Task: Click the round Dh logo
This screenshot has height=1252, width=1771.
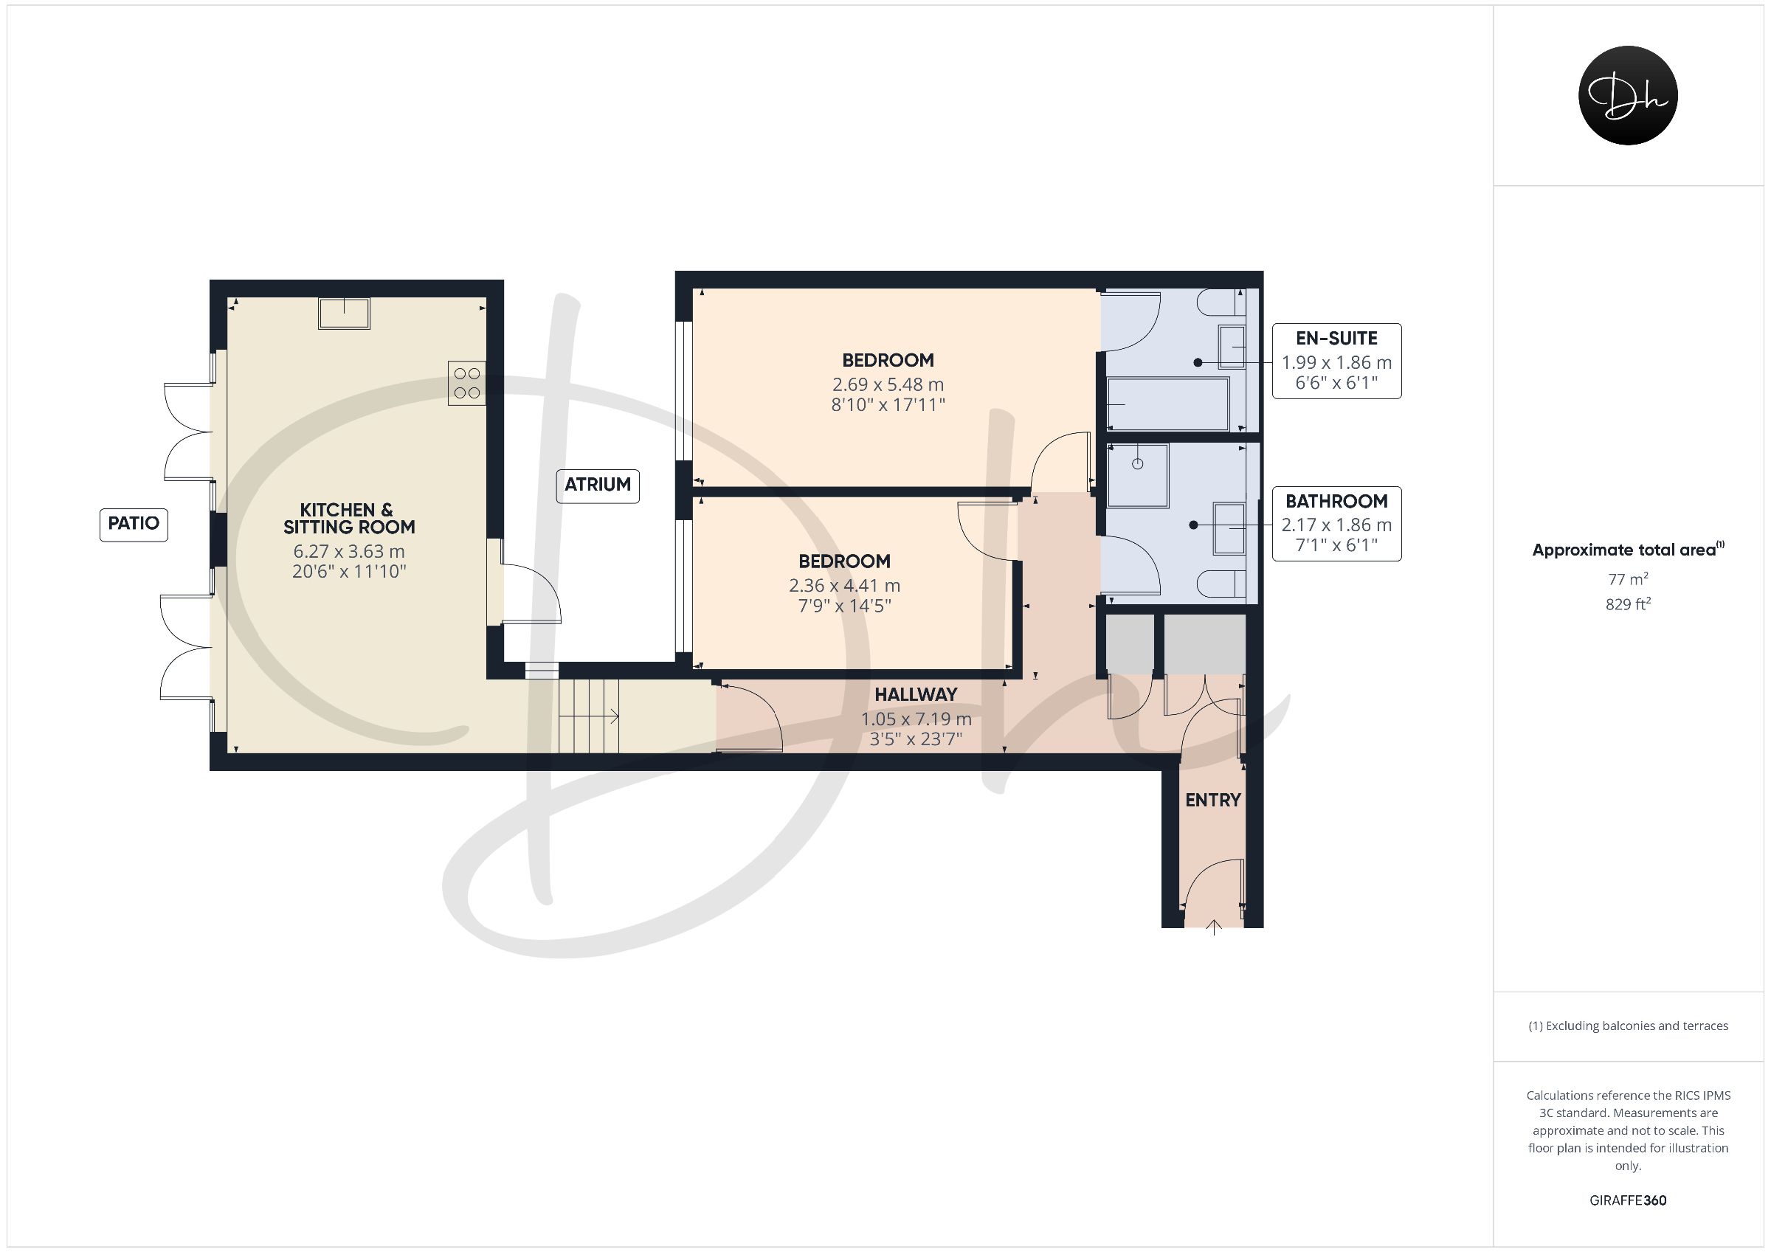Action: [1628, 95]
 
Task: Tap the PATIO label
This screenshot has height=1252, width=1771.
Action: [134, 524]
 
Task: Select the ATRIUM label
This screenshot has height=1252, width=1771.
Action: [598, 485]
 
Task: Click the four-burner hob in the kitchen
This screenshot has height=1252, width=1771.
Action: [467, 384]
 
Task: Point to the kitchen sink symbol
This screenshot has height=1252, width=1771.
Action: [344, 314]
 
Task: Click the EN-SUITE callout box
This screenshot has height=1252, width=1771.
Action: [1336, 361]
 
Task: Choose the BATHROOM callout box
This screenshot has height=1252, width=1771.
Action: [1336, 524]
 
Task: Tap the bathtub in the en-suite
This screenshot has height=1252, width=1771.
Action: [1168, 404]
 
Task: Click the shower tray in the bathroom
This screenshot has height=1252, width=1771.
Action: [1138, 475]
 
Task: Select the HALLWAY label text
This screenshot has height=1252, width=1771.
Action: [916, 695]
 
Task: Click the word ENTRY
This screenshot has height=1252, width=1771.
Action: [1213, 800]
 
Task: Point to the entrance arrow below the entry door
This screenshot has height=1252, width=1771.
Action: [1215, 927]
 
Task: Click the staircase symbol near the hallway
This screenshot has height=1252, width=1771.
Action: [590, 716]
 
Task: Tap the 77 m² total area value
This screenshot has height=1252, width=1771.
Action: [1628, 578]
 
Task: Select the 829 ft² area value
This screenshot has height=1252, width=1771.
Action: [1628, 604]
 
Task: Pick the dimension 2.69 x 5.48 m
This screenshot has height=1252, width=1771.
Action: [888, 384]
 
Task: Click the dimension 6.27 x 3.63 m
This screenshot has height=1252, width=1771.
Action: [350, 552]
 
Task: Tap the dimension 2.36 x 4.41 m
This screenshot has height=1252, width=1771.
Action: [845, 586]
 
